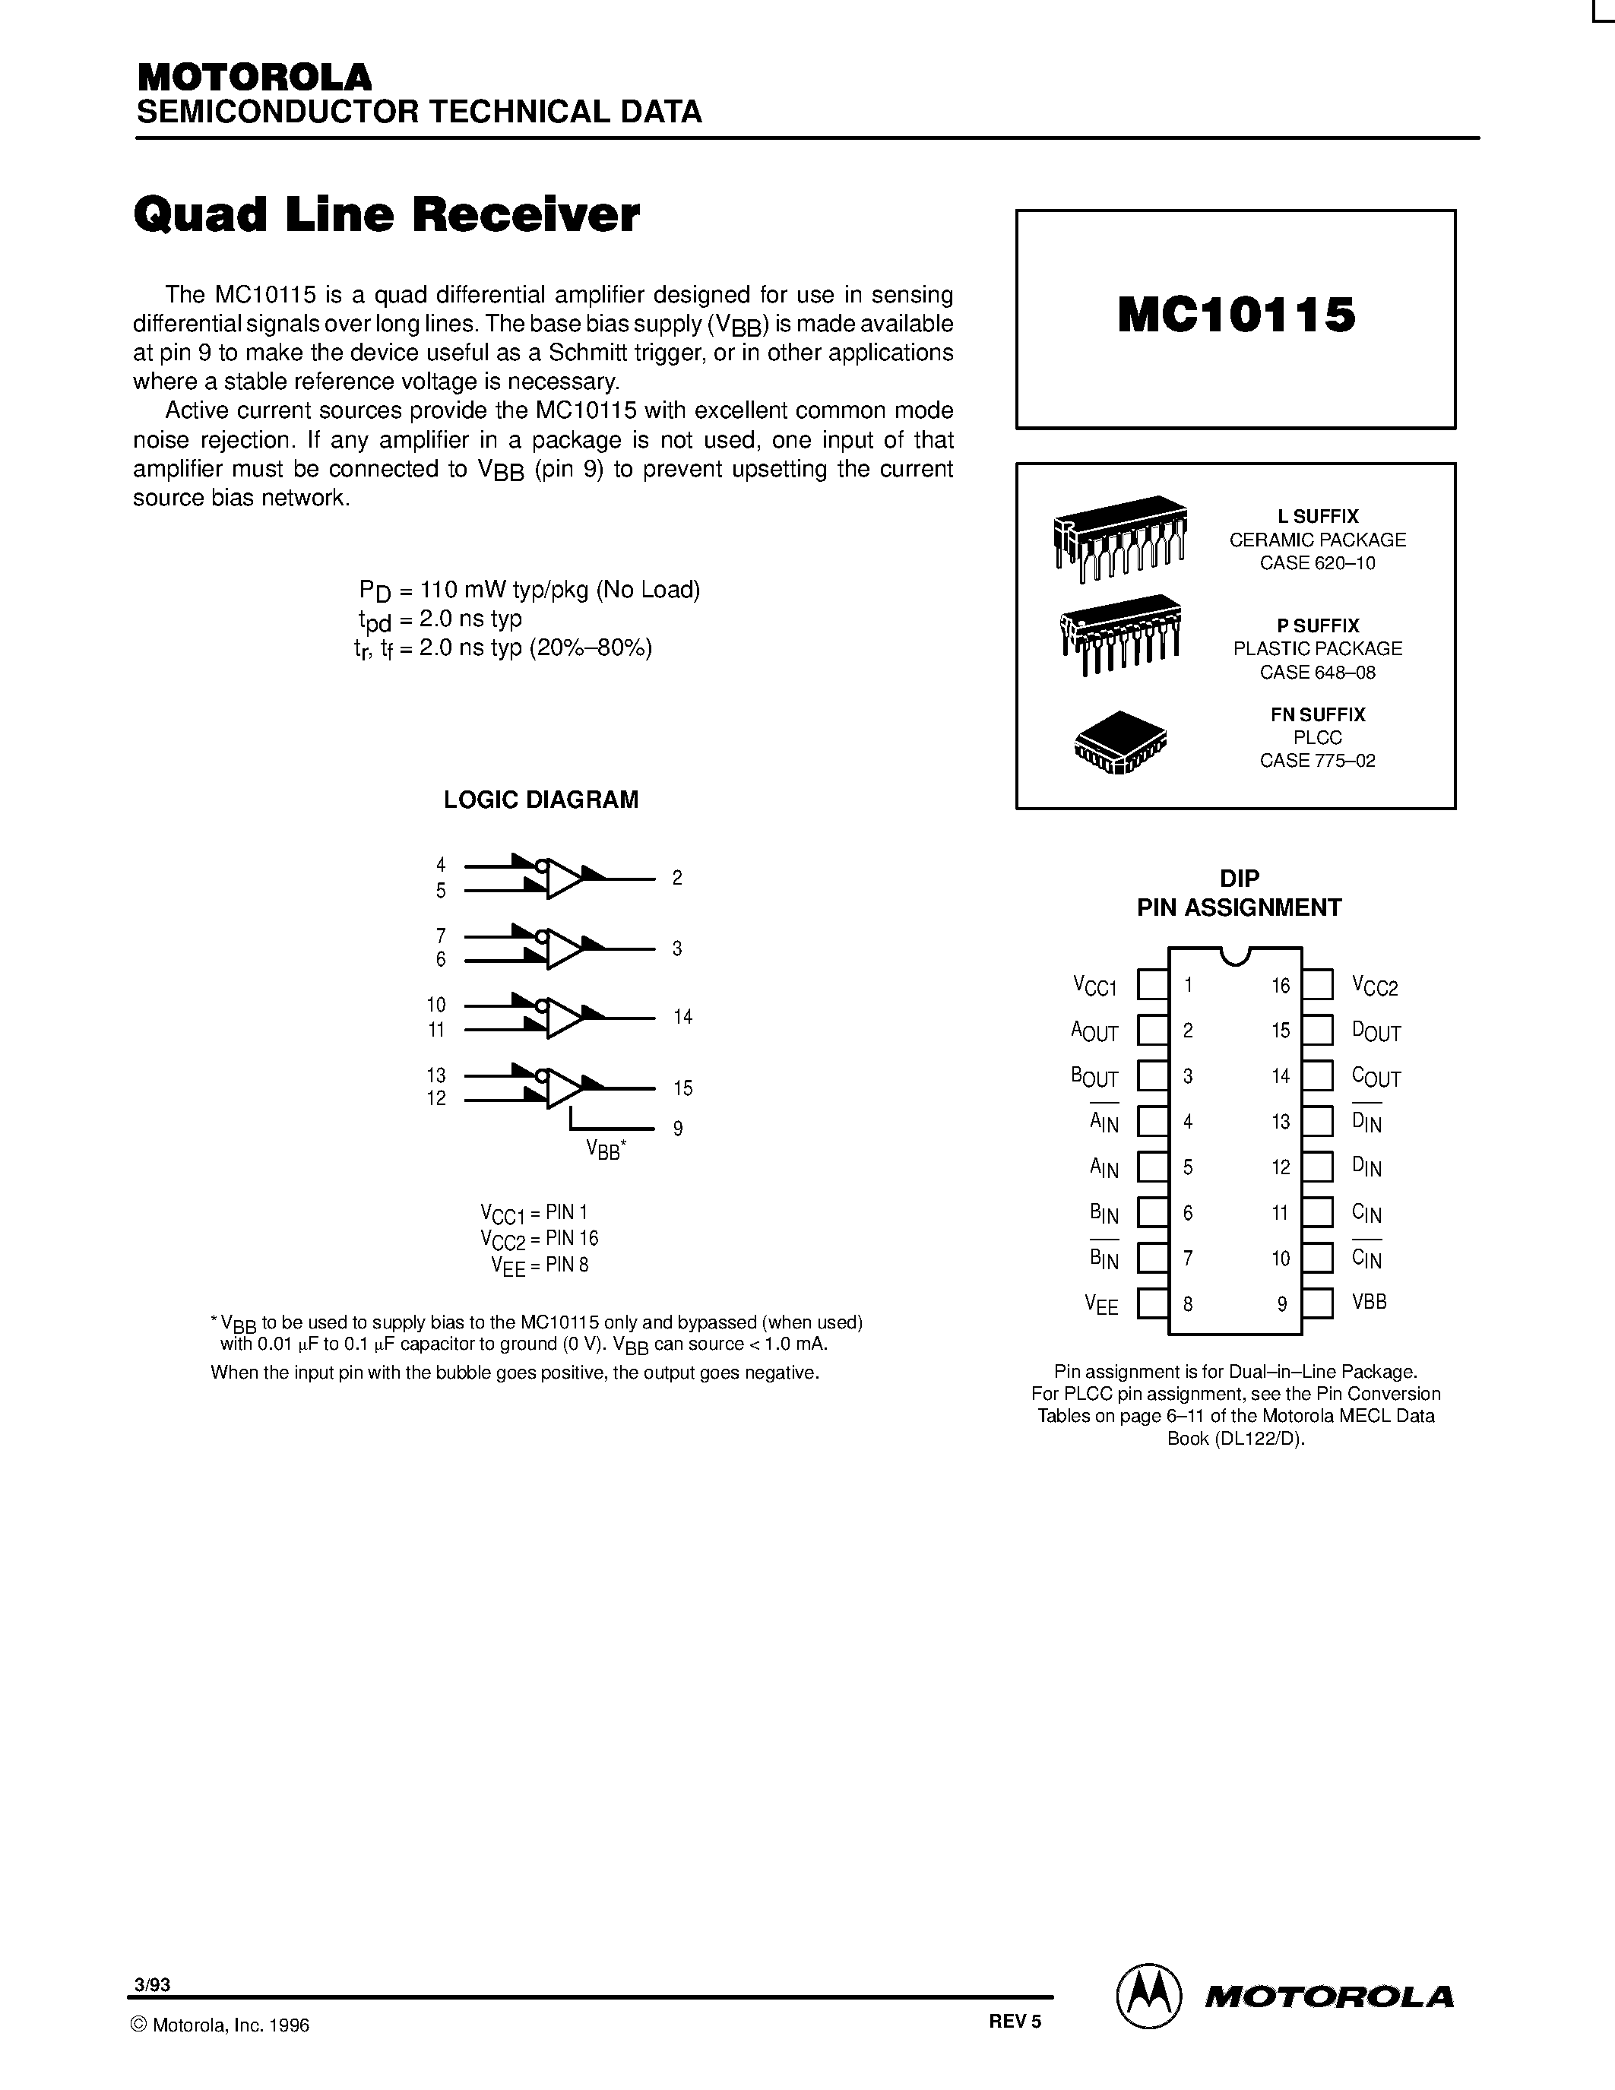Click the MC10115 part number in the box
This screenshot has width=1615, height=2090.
click(x=1236, y=315)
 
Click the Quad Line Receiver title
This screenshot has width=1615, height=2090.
click(x=387, y=214)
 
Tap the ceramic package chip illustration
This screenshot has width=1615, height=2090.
click(x=1119, y=537)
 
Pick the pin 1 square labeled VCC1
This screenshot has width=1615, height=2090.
click(x=1152, y=985)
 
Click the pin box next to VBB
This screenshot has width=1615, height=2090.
click(x=1317, y=1303)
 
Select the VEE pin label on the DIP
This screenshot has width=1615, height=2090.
click(x=1101, y=1304)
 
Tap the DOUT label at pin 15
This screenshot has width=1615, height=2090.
click(x=1376, y=1031)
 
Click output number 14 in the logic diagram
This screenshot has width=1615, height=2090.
click(x=682, y=1017)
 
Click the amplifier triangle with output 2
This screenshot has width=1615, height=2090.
click(x=565, y=879)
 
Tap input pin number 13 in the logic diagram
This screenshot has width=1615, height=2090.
click(x=436, y=1075)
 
